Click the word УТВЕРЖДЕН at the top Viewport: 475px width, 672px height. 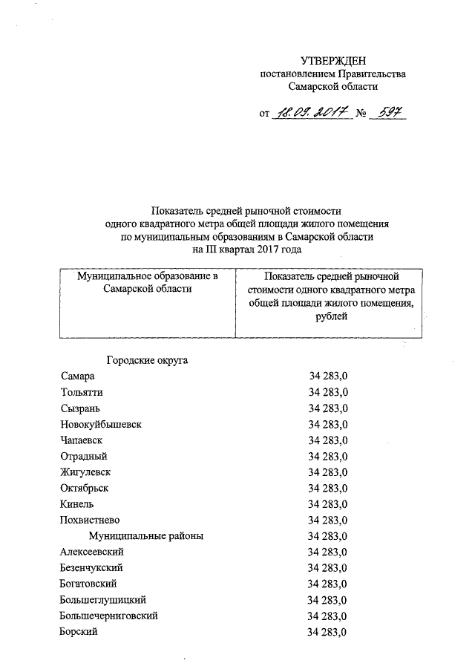333,60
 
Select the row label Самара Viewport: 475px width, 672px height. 78,376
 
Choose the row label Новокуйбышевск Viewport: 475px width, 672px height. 101,424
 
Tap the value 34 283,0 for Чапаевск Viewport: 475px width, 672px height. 328,440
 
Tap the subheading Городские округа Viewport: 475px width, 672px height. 147,361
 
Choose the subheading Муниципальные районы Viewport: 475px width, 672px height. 146,535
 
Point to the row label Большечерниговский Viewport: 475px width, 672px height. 108,616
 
